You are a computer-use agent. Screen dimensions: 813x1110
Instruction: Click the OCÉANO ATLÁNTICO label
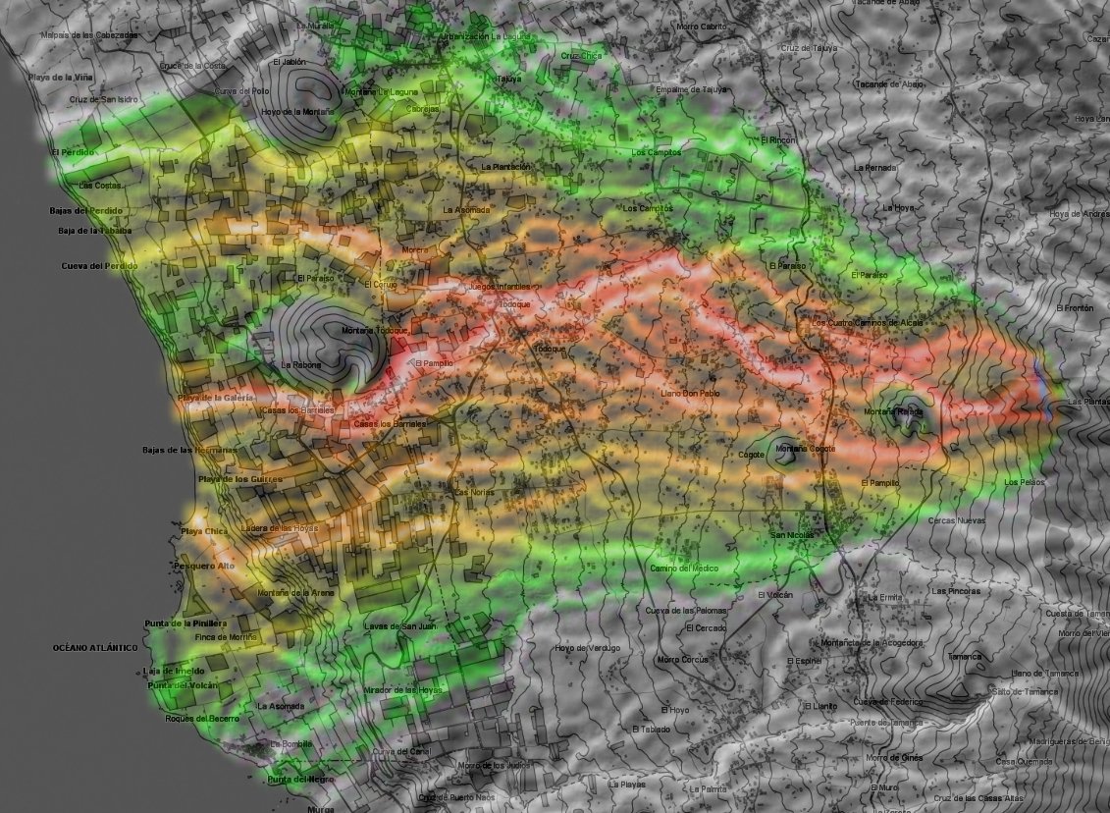95,648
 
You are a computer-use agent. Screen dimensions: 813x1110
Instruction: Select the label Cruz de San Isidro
103,100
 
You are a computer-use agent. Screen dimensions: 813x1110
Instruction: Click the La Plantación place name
505,167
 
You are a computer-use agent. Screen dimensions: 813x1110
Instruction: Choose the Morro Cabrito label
701,27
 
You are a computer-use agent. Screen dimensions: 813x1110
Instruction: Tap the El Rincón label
778,140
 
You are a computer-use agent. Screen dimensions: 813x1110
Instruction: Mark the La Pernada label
875,168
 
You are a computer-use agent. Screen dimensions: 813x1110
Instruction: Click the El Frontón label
1074,308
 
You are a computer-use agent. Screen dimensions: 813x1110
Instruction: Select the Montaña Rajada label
894,412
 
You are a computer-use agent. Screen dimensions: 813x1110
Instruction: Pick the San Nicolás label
791,535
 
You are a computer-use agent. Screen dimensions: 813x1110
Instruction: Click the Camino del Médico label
684,569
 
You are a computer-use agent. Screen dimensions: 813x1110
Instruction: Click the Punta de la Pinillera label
185,623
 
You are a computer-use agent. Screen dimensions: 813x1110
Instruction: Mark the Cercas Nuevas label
956,520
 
